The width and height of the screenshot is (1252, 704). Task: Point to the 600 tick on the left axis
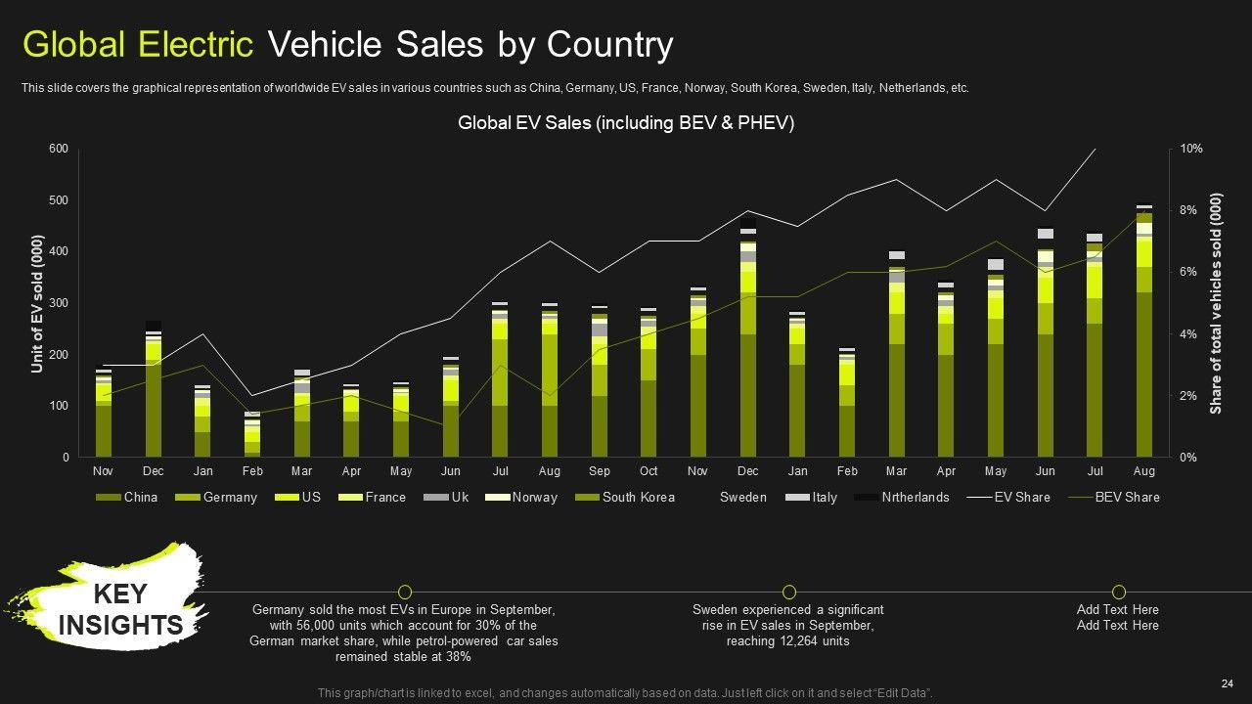pos(59,149)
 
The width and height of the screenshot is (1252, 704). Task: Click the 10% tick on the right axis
pos(1191,149)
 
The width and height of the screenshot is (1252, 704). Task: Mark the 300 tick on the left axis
pos(59,303)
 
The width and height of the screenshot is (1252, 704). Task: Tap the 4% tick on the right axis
pos(1188,334)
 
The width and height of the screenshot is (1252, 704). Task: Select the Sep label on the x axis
pos(600,471)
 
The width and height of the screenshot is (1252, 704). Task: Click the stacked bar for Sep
pos(600,381)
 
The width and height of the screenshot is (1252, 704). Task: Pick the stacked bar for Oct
pos(648,382)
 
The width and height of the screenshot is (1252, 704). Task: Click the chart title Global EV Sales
pos(626,123)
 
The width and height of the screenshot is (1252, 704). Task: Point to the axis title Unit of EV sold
pos(37,303)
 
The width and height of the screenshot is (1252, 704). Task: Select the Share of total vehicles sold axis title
pos(1216,303)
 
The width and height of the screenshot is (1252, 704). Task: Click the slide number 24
pos(1227,683)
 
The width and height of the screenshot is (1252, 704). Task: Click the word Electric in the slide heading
pos(196,45)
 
